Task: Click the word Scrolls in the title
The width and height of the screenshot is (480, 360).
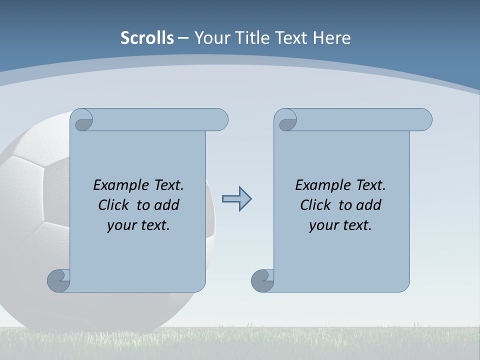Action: point(147,38)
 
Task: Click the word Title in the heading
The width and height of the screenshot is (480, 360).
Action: point(251,38)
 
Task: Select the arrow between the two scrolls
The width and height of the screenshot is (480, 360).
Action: point(236,199)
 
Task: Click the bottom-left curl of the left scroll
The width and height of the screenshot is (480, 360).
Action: point(59,280)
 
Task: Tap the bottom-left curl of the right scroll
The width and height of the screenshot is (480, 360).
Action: point(262,280)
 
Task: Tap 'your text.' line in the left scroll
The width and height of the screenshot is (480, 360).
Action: point(138,225)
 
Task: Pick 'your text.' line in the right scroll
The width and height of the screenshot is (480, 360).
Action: point(340,225)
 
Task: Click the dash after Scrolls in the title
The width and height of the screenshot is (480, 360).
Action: point(183,38)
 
